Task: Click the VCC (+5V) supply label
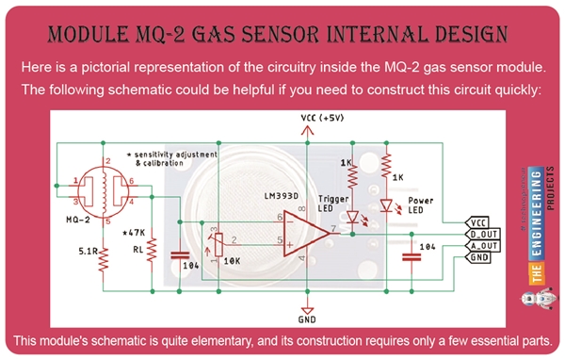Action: [x=323, y=119]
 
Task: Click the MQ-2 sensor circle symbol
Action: [x=102, y=189]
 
